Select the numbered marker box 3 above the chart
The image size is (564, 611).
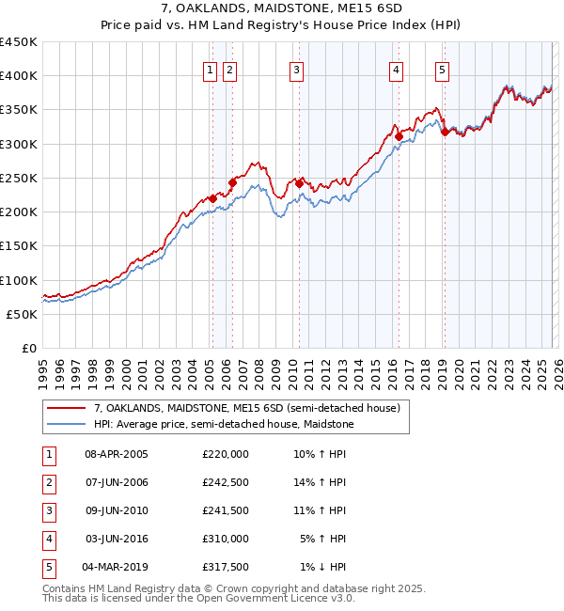tap(296, 69)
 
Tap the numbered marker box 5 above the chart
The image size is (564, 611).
tap(442, 69)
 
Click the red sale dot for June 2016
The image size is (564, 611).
tap(399, 137)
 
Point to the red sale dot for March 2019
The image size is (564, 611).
tap(445, 133)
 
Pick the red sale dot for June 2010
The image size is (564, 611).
tap(299, 184)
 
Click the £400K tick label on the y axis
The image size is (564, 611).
tap(19, 76)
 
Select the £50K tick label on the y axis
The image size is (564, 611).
tap(23, 314)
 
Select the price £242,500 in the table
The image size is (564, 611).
tap(226, 482)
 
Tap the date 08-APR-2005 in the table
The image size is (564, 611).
tap(117, 454)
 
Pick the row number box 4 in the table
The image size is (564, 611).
tap(47, 539)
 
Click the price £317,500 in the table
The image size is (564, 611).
tap(226, 567)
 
